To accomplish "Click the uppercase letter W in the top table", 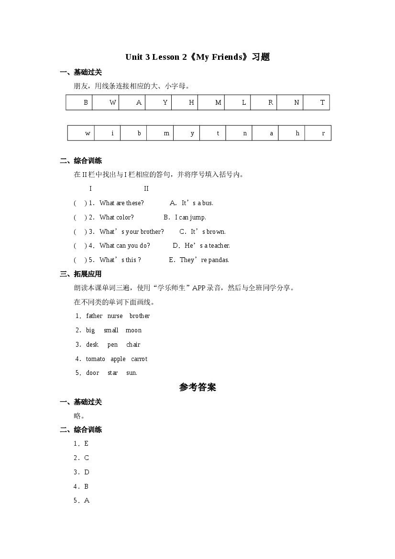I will click(113, 103).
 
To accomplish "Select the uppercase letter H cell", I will click(191, 103).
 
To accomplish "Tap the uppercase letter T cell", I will click(322, 103).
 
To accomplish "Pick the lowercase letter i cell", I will click(112, 133).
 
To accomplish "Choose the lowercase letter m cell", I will click(166, 133).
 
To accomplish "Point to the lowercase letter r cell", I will click(323, 133).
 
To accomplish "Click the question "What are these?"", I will click(121, 203).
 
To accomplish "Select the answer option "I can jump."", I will click(190, 218).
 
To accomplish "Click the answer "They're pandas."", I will click(204, 260).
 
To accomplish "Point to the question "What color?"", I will click(117, 218).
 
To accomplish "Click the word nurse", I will click(115, 316).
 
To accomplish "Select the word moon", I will click(133, 330).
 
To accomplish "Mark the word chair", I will click(133, 345).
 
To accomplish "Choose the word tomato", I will click(95, 359).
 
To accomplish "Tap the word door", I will click(93, 373).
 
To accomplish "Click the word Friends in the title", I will click(224, 57).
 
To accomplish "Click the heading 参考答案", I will click(197, 387).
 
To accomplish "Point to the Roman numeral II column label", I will click(146, 189).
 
